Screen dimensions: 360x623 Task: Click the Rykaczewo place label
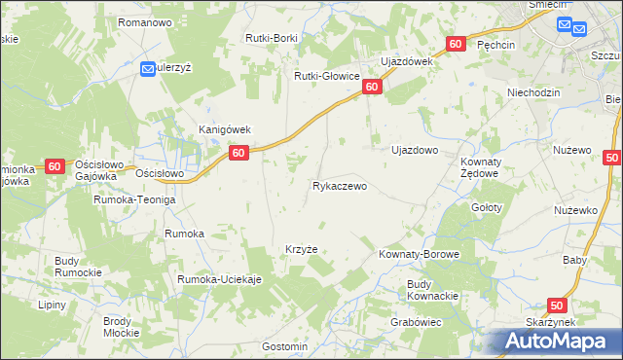[340, 185]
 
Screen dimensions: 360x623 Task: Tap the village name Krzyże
[302, 249]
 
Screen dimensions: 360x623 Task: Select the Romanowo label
[144, 21]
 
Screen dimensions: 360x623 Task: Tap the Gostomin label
[285, 346]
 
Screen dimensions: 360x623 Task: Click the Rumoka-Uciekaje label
[220, 280]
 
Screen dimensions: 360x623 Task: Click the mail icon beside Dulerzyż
[148, 69]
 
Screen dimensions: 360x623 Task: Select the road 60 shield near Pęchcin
[457, 45]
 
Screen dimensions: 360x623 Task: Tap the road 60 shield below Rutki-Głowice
[373, 88]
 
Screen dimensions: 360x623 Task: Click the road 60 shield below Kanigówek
[239, 153]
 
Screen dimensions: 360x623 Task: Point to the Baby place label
[574, 260]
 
